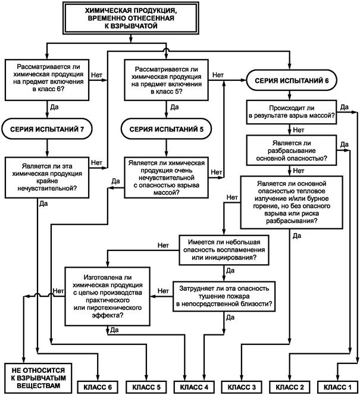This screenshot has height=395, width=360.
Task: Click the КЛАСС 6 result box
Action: coord(98,387)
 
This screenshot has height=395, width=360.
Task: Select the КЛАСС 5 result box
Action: coord(146,387)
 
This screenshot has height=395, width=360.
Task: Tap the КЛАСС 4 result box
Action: coord(194,387)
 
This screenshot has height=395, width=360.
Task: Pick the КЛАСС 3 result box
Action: coord(242,387)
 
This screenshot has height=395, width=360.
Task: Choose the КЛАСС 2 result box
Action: coord(290,387)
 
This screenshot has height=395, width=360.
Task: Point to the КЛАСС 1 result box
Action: coord(337,387)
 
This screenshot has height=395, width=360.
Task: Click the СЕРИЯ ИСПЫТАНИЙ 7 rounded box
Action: coord(47,128)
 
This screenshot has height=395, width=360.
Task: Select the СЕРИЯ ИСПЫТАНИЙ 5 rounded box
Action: coord(166,128)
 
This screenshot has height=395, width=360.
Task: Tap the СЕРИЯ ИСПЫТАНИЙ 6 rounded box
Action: coord(292,80)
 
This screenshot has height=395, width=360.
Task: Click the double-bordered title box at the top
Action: coord(131,18)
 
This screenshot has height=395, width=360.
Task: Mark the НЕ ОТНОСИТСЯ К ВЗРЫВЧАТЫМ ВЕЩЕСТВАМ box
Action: coord(38,378)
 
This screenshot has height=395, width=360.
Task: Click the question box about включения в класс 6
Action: coord(47,80)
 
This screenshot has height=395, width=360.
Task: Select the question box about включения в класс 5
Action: coord(166,80)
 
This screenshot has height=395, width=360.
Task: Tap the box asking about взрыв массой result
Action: coord(292,112)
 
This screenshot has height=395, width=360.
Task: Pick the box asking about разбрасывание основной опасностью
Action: coord(292,151)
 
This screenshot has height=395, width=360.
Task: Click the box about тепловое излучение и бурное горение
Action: coord(292,202)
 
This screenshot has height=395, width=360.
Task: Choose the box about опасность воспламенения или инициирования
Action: coord(224,250)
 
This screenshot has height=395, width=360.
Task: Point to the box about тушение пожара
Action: coord(224,296)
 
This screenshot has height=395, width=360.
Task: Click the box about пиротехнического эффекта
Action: coord(108,296)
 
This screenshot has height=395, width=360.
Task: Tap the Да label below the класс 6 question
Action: coord(54,107)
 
